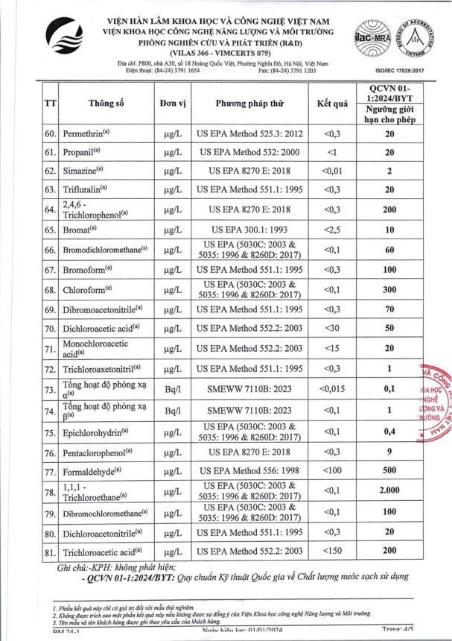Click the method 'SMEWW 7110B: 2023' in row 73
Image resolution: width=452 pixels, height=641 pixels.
[x=251, y=389]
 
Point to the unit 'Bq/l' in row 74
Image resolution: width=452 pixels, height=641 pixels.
[x=173, y=411]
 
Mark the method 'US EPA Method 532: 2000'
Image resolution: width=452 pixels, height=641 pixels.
[x=251, y=151]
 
